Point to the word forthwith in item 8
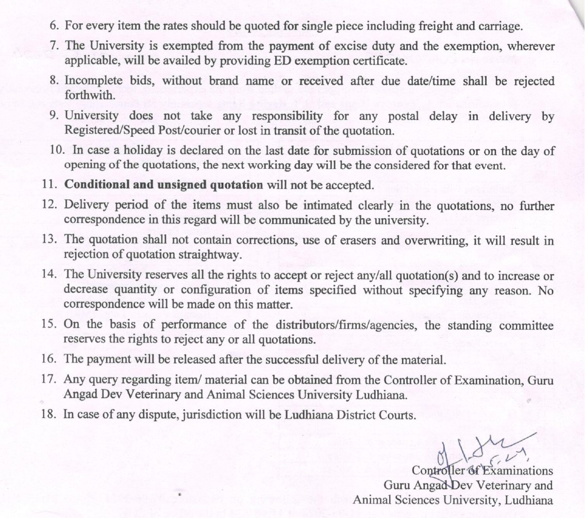click(x=84, y=95)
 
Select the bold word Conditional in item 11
click(x=98, y=185)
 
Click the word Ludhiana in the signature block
click(x=529, y=499)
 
